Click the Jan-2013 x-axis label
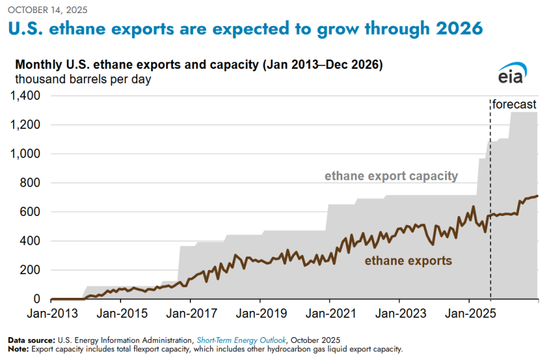(50, 313)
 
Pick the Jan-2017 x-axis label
(190, 313)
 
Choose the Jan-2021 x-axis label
(329, 313)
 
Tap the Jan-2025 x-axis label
(469, 313)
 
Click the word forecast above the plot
(515, 104)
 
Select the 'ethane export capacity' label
(391, 176)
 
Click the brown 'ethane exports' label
(408, 261)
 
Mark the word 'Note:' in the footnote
(19, 349)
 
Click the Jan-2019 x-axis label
(260, 313)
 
